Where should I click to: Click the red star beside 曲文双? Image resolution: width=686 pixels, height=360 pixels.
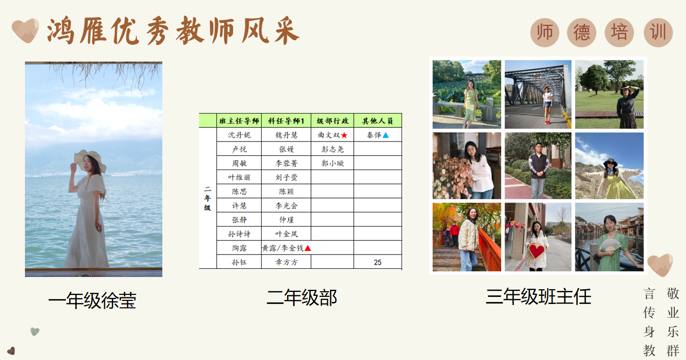[344, 135]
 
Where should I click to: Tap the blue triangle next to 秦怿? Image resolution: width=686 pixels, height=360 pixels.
[386, 135]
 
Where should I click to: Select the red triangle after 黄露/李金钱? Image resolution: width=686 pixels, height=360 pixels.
[308, 248]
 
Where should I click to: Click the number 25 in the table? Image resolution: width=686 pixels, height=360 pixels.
[378, 262]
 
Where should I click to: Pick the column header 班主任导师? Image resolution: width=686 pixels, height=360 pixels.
[239, 121]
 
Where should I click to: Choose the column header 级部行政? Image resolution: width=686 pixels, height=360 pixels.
[333, 121]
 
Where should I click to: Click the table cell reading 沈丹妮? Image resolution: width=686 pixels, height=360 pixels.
[239, 135]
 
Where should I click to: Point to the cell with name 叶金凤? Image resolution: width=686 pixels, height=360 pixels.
[287, 234]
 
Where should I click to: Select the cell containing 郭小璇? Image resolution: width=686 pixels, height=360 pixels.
[333, 163]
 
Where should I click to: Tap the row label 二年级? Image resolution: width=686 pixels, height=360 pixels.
[208, 198]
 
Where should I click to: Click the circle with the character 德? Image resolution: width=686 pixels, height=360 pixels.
[582, 33]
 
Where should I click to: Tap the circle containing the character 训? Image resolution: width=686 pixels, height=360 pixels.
[658, 33]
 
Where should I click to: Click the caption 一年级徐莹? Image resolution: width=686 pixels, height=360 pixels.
[92, 300]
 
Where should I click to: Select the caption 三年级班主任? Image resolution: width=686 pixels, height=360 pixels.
[538, 296]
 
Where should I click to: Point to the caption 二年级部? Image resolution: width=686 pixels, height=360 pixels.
[302, 297]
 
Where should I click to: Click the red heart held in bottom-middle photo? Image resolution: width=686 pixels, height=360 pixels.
[536, 251]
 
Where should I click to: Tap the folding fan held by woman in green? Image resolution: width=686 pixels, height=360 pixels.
[610, 245]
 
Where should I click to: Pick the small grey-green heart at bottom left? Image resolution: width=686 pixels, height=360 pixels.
[35, 331]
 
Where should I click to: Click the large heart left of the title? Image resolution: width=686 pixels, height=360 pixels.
[25, 31]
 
